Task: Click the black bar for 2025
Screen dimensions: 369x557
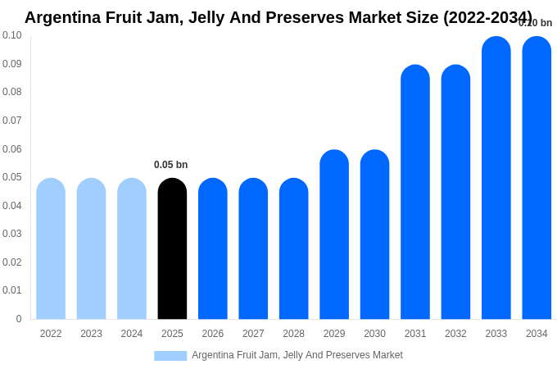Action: click(x=172, y=249)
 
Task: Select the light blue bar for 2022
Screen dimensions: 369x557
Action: click(x=51, y=249)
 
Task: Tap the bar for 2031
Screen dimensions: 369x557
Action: click(x=415, y=193)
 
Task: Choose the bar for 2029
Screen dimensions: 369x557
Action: click(x=334, y=235)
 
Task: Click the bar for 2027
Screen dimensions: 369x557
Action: click(x=253, y=249)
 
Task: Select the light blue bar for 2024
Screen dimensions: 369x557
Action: click(x=132, y=249)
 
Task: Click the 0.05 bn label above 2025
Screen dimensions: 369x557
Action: click(x=170, y=165)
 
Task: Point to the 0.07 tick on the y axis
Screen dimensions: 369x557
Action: click(x=12, y=121)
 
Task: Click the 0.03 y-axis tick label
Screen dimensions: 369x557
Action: click(x=12, y=234)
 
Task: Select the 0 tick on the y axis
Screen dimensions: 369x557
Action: click(x=19, y=319)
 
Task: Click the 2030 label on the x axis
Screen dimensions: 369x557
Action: click(x=374, y=334)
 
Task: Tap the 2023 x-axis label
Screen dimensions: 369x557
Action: click(x=91, y=334)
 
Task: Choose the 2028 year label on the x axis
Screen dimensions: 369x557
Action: click(x=293, y=334)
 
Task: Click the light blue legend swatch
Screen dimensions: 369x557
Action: click(x=170, y=355)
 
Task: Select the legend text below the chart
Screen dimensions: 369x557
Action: click(x=297, y=355)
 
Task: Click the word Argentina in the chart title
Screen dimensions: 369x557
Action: click(x=62, y=17)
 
